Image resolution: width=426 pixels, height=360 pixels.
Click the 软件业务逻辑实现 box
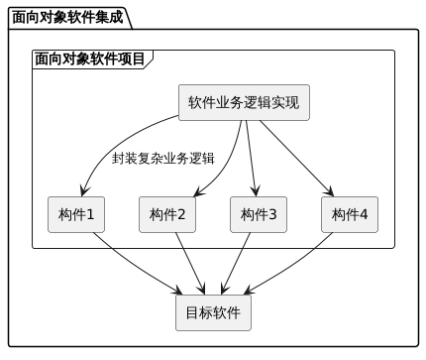tap(244, 103)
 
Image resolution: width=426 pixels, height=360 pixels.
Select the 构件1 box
tap(76, 214)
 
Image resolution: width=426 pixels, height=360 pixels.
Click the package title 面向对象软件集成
tap(68, 17)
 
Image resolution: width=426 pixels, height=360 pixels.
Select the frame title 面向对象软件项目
tap(87, 60)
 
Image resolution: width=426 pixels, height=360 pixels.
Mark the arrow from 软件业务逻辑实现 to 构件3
tap(252, 159)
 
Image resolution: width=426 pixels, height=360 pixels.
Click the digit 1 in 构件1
tap(90, 214)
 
